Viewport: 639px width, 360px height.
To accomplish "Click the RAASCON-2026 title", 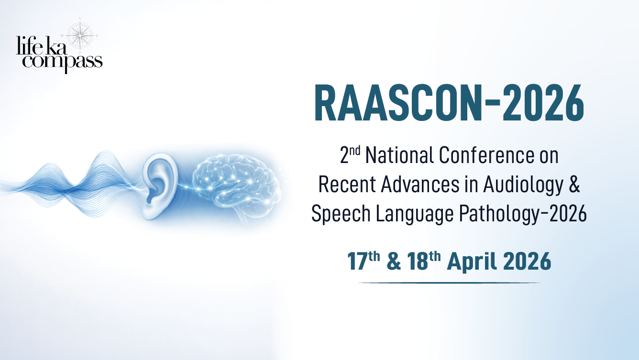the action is click(449, 103).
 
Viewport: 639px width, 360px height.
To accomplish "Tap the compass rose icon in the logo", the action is click(80, 36).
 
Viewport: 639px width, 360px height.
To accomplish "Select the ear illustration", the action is click(160, 186).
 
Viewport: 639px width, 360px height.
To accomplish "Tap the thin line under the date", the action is click(449, 283).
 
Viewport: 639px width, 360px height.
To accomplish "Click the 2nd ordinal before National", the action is click(350, 154).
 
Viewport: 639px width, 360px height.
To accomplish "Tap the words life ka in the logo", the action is click(42, 45).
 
